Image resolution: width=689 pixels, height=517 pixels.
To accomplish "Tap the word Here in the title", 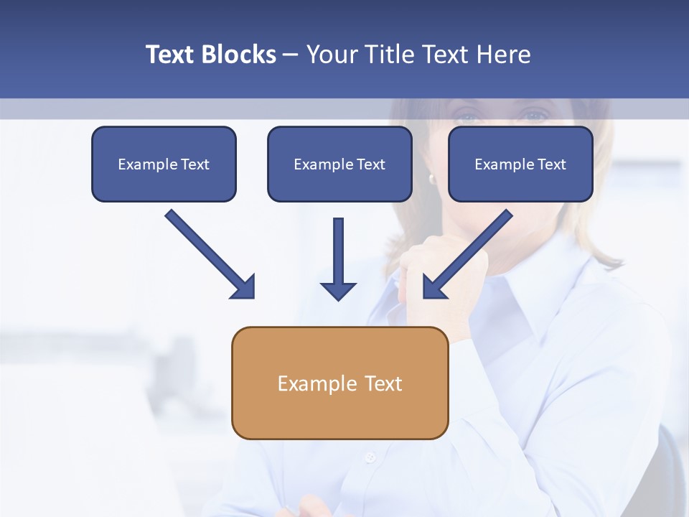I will pyautogui.click(x=503, y=55).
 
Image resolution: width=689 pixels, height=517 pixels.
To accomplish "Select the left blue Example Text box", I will pyautogui.click(x=164, y=164).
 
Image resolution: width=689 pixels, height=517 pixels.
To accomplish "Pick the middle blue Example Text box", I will pyautogui.click(x=339, y=164).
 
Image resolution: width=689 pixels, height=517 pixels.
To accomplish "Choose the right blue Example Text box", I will pyautogui.click(x=520, y=164).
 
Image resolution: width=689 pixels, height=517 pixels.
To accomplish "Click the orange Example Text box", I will pyautogui.click(x=339, y=383).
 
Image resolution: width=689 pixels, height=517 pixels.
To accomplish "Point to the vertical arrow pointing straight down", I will pyautogui.click(x=338, y=251).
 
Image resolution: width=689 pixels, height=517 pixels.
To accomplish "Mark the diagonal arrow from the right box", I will pyautogui.click(x=474, y=248).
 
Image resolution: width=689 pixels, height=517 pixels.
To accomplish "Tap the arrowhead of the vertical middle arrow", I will pyautogui.click(x=338, y=290).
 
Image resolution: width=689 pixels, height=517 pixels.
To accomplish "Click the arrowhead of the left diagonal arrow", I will pyautogui.click(x=244, y=287).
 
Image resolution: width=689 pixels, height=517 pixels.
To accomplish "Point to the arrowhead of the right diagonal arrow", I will pyautogui.click(x=433, y=287).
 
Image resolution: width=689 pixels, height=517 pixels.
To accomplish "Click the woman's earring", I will pyautogui.click(x=432, y=178).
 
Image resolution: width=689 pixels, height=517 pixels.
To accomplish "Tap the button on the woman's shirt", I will pyautogui.click(x=370, y=457).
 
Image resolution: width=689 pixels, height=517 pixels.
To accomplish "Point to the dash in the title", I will pyautogui.click(x=291, y=55).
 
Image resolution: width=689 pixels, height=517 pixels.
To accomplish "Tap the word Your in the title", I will pyautogui.click(x=331, y=55).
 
